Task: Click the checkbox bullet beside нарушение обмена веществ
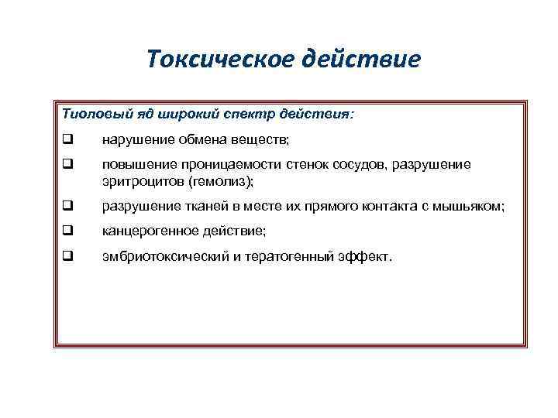67,141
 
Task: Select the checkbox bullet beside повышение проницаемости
67,165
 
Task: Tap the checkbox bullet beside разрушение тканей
67,206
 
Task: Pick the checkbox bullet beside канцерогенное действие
67,230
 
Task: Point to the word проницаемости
226,165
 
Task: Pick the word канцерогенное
144,230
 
